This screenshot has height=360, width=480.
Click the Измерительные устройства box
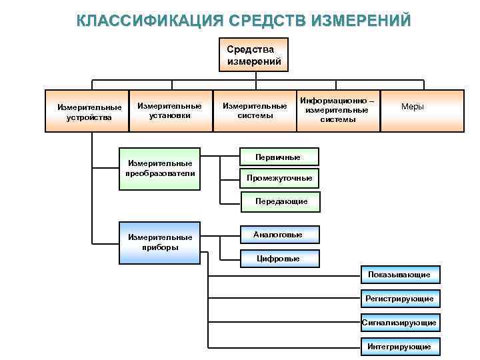[x=89, y=111]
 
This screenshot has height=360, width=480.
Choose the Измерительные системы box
[x=255, y=111]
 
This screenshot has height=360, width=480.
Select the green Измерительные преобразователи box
[x=160, y=168]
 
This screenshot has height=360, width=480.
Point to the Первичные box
[x=278, y=157]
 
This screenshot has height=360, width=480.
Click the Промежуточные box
[x=279, y=178]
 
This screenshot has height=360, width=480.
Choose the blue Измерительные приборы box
[x=160, y=242]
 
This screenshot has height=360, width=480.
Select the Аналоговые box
[x=278, y=235]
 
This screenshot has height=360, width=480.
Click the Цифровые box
[x=278, y=258]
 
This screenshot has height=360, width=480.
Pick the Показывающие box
[x=399, y=275]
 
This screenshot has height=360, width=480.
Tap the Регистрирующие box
[x=399, y=298]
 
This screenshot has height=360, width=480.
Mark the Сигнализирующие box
[x=399, y=323]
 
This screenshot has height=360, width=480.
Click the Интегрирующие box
[x=399, y=346]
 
